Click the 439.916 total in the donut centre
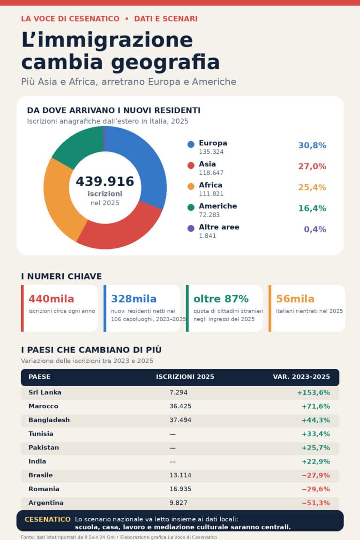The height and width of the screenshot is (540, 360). point(105,181)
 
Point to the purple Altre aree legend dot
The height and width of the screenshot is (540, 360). point(191,228)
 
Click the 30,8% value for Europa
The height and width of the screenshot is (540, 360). point(312,145)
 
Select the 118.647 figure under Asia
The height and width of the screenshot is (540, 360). point(211,172)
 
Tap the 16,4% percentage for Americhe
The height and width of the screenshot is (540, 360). point(312,208)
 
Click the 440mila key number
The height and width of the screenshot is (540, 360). point(52,299)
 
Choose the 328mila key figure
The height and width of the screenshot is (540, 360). point(134,299)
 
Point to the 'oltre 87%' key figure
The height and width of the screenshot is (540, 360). point(221,299)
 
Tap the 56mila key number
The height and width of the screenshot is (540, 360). point(295,299)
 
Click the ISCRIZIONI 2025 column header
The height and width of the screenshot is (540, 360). point(185,377)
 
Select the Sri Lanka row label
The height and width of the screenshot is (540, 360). point(45,392)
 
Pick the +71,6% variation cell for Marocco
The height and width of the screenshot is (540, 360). point(315,406)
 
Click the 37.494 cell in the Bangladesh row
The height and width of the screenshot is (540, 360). point(180,420)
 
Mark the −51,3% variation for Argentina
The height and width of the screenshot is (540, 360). point(315,503)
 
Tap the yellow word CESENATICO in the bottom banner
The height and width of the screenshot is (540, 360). point(47,519)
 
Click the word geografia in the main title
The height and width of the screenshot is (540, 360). point(165,62)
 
